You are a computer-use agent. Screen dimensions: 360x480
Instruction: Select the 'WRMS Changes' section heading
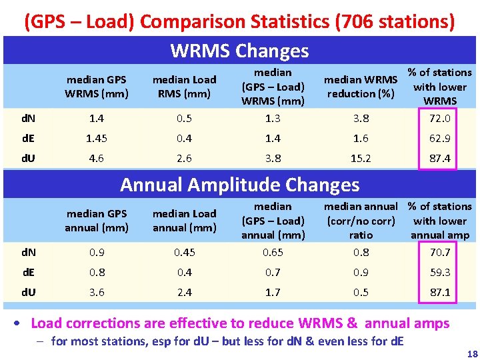click(239, 51)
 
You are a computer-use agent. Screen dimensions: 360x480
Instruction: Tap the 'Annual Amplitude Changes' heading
click(239, 185)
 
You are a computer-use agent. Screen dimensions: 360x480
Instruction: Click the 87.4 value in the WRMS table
click(440, 159)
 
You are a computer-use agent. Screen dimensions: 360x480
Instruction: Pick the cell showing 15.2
click(361, 159)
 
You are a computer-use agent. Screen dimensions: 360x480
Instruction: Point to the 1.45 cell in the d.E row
click(97, 139)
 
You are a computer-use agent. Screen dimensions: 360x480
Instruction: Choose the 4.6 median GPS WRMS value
click(97, 159)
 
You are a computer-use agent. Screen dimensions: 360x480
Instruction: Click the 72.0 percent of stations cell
click(440, 119)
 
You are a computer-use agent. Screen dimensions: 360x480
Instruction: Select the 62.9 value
click(440, 139)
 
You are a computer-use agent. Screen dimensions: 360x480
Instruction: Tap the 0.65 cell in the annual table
click(273, 252)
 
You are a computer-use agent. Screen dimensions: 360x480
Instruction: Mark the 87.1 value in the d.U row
click(440, 292)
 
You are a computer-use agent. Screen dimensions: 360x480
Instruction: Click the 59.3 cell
click(440, 272)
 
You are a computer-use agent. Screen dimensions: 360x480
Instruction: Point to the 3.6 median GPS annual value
click(97, 292)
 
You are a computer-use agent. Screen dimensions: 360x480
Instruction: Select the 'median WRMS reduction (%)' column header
click(361, 87)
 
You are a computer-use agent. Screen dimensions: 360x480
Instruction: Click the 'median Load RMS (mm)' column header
click(185, 87)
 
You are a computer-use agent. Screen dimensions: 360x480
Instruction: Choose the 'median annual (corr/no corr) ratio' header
click(361, 221)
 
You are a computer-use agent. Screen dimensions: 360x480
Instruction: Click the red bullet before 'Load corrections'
click(21, 324)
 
